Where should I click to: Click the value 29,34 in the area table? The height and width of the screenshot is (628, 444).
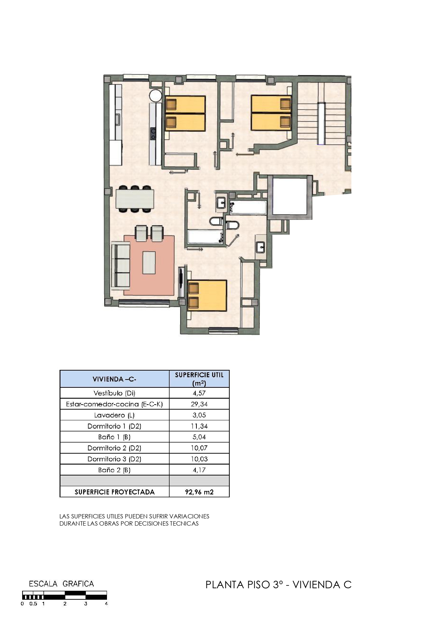click(x=199, y=404)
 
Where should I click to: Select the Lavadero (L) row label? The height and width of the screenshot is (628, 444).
click(x=114, y=415)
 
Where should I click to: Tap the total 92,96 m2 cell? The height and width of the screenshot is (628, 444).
click(x=199, y=492)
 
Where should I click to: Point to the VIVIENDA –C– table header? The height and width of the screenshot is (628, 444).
click(x=114, y=379)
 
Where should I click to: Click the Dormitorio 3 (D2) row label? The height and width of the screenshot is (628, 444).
click(x=114, y=459)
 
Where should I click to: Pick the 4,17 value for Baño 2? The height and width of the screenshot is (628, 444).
click(x=199, y=470)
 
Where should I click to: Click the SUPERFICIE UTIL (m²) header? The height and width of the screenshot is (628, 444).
click(x=199, y=379)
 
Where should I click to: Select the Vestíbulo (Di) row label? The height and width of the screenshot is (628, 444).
click(x=114, y=393)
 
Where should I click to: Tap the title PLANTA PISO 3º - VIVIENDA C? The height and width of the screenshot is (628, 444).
click(x=278, y=585)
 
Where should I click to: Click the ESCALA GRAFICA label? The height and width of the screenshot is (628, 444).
click(x=61, y=584)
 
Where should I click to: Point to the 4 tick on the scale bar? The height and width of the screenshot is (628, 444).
click(x=106, y=604)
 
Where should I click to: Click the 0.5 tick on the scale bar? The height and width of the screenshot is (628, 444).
click(x=33, y=604)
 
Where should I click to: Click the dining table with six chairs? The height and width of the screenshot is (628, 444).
click(x=135, y=199)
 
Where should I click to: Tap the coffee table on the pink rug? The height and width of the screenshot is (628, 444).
click(x=149, y=262)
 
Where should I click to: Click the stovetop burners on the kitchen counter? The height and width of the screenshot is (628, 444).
click(x=153, y=134)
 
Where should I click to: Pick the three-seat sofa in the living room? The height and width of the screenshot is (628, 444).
click(x=121, y=265)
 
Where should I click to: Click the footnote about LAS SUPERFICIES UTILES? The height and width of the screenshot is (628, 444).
click(x=134, y=520)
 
